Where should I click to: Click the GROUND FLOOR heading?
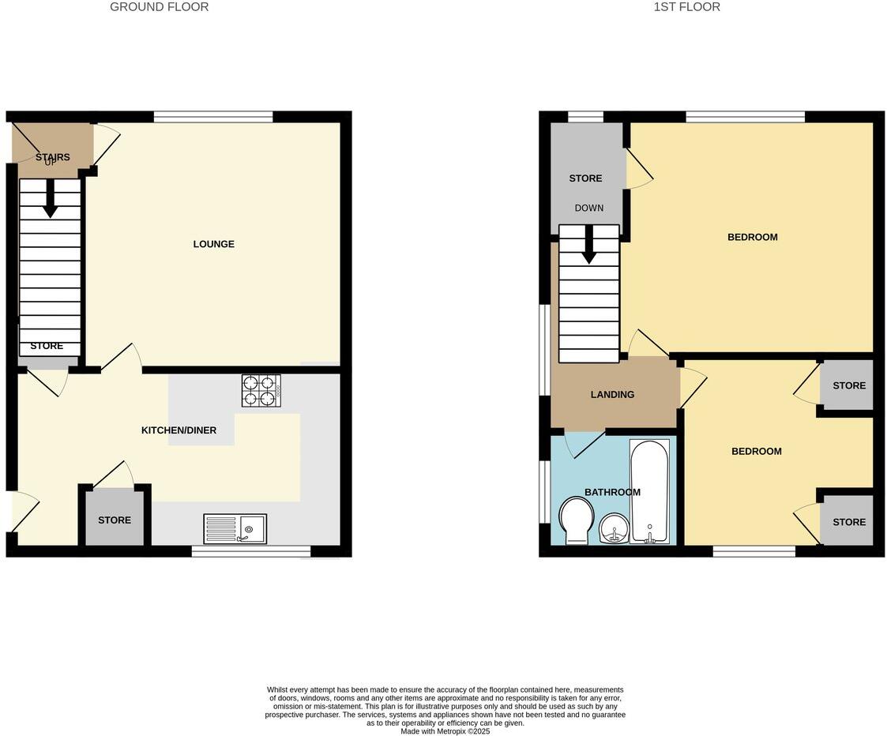159,7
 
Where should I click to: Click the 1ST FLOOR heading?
686,7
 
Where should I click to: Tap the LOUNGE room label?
213,244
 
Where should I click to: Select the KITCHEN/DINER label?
179,430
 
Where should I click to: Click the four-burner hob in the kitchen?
261,390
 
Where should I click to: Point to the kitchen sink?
235,528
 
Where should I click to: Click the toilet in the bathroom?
576,521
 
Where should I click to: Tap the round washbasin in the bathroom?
614,528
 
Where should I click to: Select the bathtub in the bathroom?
649,491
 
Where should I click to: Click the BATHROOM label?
612,492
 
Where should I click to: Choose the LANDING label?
612,395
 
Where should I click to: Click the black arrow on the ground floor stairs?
50,199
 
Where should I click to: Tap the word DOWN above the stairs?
588,208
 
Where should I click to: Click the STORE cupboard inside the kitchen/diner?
115,520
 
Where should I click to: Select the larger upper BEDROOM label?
752,237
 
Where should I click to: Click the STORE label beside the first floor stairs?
585,178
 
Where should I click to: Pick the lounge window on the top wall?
213,117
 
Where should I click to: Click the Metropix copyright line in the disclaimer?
445,731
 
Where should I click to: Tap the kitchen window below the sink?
250,551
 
